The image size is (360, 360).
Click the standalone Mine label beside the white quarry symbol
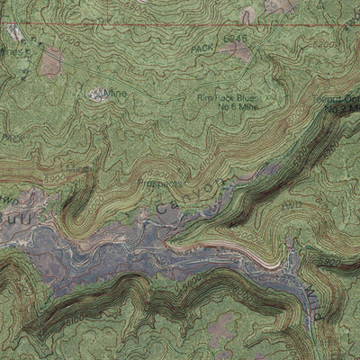(115, 93)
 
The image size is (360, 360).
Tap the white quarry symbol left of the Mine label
(95, 92)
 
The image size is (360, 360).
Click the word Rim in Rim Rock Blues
(204, 98)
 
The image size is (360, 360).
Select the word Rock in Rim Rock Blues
(222, 98)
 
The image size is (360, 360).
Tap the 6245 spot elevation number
(234, 40)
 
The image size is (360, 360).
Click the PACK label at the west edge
(11, 138)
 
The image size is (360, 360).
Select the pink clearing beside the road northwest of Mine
(52, 61)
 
